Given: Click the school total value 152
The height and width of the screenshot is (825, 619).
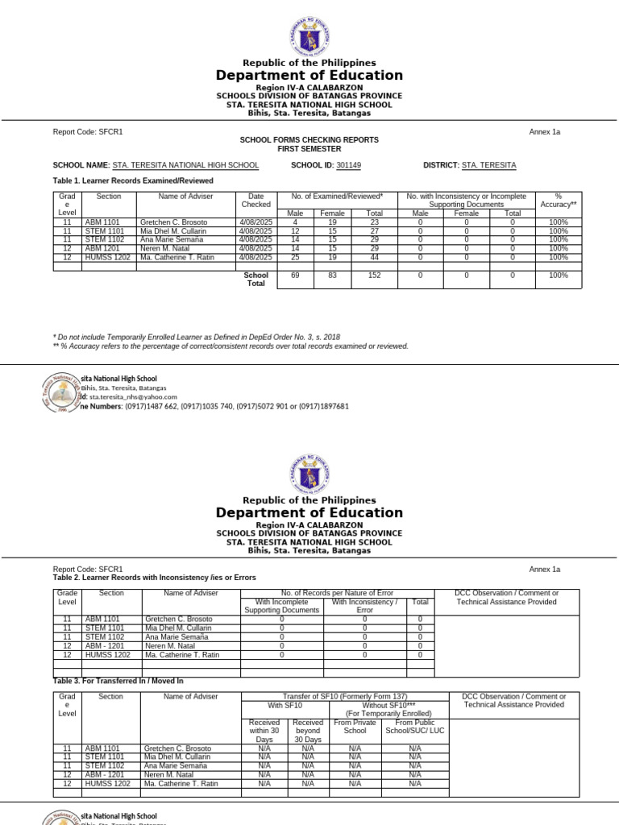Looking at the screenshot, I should [x=374, y=276].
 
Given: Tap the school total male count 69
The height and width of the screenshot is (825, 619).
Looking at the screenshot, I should [x=296, y=276].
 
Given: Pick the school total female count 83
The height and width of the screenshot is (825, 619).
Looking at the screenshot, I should [x=332, y=276].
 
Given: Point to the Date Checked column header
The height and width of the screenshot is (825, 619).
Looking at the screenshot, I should [x=255, y=201].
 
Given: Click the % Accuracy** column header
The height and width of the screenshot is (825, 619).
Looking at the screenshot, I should [x=558, y=201].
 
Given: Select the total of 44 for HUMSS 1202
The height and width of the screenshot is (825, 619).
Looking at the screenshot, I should [x=374, y=258].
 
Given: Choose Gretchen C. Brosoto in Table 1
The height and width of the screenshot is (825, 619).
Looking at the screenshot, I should [x=173, y=222].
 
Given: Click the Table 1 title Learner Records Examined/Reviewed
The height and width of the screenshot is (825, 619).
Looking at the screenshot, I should [x=133, y=181].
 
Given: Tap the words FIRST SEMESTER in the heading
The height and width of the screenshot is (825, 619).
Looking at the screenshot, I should [x=309, y=149].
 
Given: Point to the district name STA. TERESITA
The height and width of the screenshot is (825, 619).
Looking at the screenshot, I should [x=488, y=165].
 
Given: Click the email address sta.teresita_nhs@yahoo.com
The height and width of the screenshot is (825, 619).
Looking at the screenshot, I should [x=133, y=396].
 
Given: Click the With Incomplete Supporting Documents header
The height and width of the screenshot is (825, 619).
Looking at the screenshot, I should [x=281, y=606].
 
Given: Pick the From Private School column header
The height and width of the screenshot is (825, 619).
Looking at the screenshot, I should [x=355, y=728].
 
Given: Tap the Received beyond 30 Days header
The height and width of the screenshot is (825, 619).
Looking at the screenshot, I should [x=308, y=732].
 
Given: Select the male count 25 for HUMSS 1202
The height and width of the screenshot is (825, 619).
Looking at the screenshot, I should [x=296, y=258].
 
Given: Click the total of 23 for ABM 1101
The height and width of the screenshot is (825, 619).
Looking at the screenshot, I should [x=374, y=222].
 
